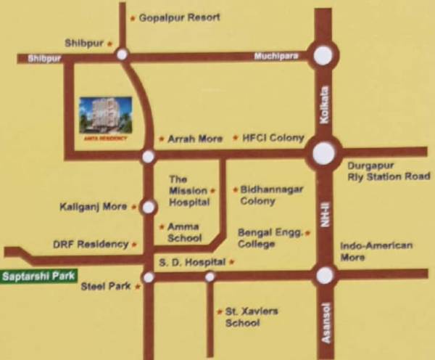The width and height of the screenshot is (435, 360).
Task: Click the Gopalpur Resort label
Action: (178, 17)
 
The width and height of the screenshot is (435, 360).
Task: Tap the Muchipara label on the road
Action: (276, 57)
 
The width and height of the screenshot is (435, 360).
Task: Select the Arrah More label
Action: (195, 139)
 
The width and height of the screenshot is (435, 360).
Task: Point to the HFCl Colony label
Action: (268, 138)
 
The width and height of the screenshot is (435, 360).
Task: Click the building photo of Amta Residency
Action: (106, 116)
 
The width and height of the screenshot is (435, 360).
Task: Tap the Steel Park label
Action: (106, 287)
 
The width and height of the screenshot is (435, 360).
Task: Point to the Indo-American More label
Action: (376, 251)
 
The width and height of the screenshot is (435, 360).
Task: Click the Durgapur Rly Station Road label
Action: (389, 171)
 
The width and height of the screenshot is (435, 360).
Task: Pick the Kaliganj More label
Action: (94, 207)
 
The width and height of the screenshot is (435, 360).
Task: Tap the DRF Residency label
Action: (91, 245)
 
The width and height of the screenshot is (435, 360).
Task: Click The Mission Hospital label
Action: (189, 191)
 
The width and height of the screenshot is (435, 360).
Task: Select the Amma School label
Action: (183, 232)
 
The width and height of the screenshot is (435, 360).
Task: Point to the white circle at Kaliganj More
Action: (148, 208)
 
